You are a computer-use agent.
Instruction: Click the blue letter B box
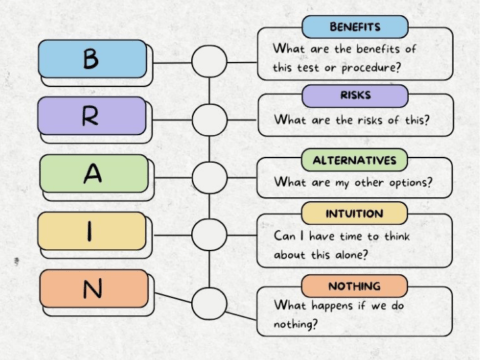pyautogui.click(x=91, y=59)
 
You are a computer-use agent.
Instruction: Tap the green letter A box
pyautogui.click(x=91, y=174)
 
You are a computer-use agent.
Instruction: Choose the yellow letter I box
pyautogui.click(x=91, y=231)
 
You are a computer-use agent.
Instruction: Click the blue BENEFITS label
pyautogui.click(x=354, y=27)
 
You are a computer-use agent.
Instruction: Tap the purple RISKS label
pyautogui.click(x=354, y=96)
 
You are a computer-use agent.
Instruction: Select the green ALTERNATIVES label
pyautogui.click(x=354, y=160)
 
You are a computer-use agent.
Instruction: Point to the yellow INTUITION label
pyautogui.click(x=354, y=213)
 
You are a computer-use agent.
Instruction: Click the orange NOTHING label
pyautogui.click(x=354, y=285)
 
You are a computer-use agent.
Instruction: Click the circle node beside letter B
pyautogui.click(x=209, y=61)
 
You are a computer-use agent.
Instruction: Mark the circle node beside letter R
pyautogui.click(x=209, y=119)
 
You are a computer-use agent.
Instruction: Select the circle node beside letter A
pyautogui.click(x=209, y=177)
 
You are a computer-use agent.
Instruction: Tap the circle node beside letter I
pyautogui.click(x=209, y=235)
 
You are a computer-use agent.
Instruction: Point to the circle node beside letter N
pyautogui.click(x=209, y=301)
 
